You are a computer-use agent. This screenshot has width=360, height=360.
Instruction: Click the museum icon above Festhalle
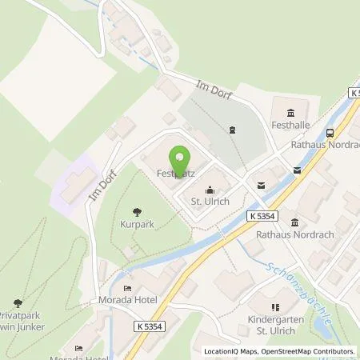coord(288,111)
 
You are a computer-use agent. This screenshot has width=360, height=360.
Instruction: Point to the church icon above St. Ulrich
coord(210,190)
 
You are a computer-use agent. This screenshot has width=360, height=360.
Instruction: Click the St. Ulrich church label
coord(210,202)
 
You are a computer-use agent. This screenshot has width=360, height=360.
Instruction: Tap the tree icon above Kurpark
coord(138,213)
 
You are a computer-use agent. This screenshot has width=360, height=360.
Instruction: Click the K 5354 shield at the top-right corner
coord(353,94)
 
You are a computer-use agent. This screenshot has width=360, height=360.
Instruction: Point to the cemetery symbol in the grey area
coord(233,129)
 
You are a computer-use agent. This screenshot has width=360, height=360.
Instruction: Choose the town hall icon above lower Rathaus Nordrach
coord(295,222)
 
